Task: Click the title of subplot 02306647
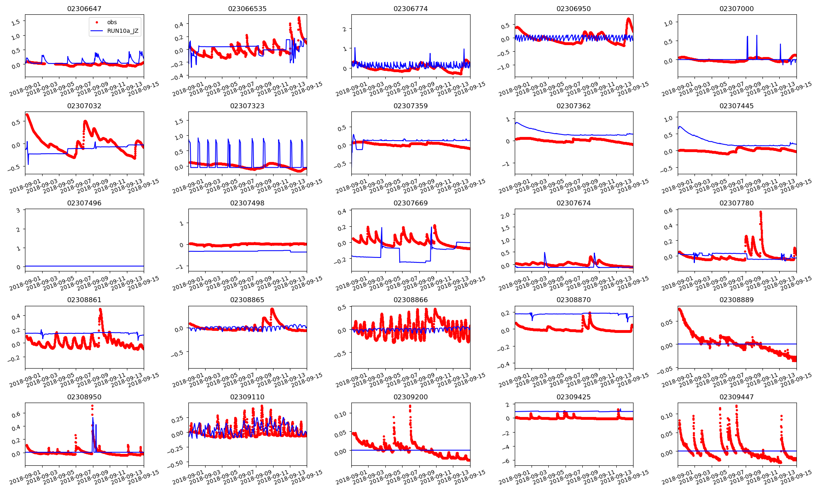(84, 9)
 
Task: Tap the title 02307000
(736, 9)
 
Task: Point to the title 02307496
(84, 203)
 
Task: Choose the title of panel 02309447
(736, 397)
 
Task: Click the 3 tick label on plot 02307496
(18, 211)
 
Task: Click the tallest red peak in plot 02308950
(92, 406)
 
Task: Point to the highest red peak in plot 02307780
(760, 212)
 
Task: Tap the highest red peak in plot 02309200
(410, 406)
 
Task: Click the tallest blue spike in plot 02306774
(355, 48)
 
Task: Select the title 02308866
(410, 300)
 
